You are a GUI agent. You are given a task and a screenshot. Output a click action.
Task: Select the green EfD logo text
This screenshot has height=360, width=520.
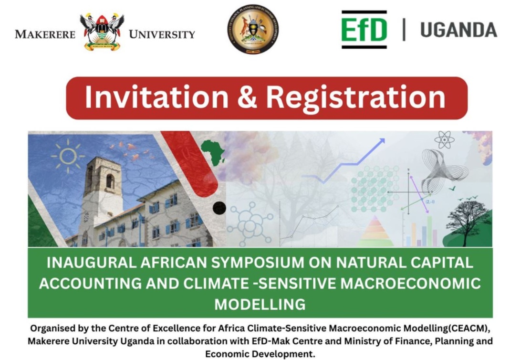364,30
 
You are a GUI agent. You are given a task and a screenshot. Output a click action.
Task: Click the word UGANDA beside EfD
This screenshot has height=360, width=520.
458,30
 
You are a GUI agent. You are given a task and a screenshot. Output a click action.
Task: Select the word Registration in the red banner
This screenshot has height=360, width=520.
355,97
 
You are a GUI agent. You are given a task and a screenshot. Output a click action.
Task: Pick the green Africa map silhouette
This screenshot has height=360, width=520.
213,151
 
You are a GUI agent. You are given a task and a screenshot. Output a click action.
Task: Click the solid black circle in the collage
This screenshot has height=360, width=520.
219,208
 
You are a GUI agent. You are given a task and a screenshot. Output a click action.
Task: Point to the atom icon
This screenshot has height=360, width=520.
444,140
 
